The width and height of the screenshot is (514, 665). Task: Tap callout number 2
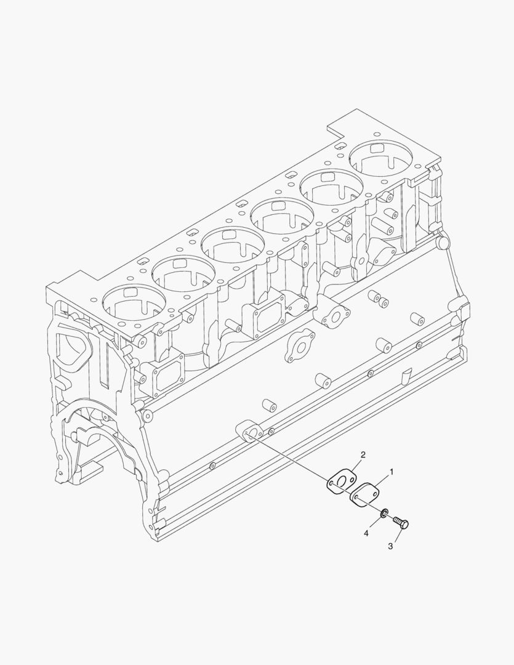point(363,455)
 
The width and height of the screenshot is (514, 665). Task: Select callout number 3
point(390,546)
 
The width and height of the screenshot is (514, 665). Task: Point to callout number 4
point(366,533)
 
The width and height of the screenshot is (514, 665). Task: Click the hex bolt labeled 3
point(401,523)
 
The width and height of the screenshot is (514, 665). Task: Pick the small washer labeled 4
point(384,512)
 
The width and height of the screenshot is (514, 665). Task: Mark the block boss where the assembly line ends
point(248,432)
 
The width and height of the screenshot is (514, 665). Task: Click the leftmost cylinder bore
point(134,303)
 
